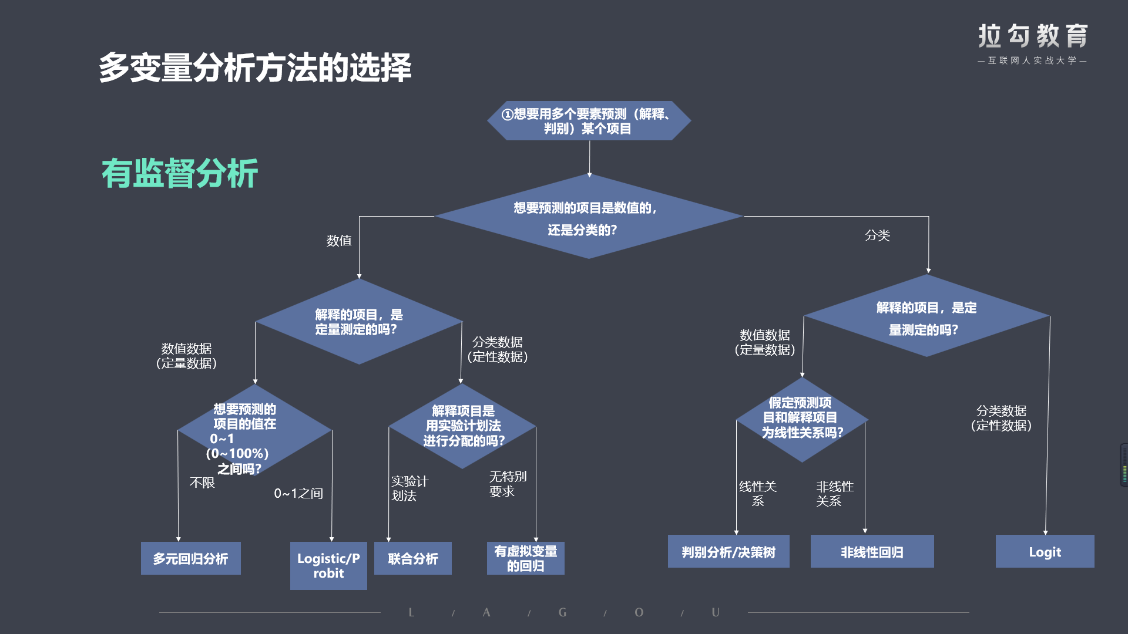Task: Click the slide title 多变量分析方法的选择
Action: pyautogui.click(x=255, y=68)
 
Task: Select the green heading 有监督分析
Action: pyautogui.click(x=180, y=173)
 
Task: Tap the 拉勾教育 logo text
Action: pyautogui.click(x=1033, y=36)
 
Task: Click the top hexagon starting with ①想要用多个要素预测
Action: pyautogui.click(x=589, y=121)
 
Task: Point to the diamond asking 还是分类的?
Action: pyautogui.click(x=589, y=216)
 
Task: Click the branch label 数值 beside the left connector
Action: pyautogui.click(x=339, y=241)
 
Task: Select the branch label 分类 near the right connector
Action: pyautogui.click(x=878, y=235)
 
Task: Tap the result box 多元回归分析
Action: pyautogui.click(x=191, y=558)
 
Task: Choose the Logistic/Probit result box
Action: pyautogui.click(x=328, y=566)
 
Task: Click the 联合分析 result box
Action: pyautogui.click(x=413, y=558)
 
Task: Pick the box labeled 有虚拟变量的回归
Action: pyautogui.click(x=526, y=558)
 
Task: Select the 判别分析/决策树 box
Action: pyautogui.click(x=728, y=551)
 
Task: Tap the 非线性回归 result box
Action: pyautogui.click(x=872, y=551)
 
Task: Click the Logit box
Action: pyautogui.click(x=1045, y=551)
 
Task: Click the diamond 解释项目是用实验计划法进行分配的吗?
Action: pyautogui.click(x=462, y=426)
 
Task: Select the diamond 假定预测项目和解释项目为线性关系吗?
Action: pyautogui.click(x=802, y=420)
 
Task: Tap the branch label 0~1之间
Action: pyautogui.click(x=298, y=494)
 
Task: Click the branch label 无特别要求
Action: pyautogui.click(x=508, y=484)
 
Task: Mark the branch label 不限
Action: pyautogui.click(x=202, y=483)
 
